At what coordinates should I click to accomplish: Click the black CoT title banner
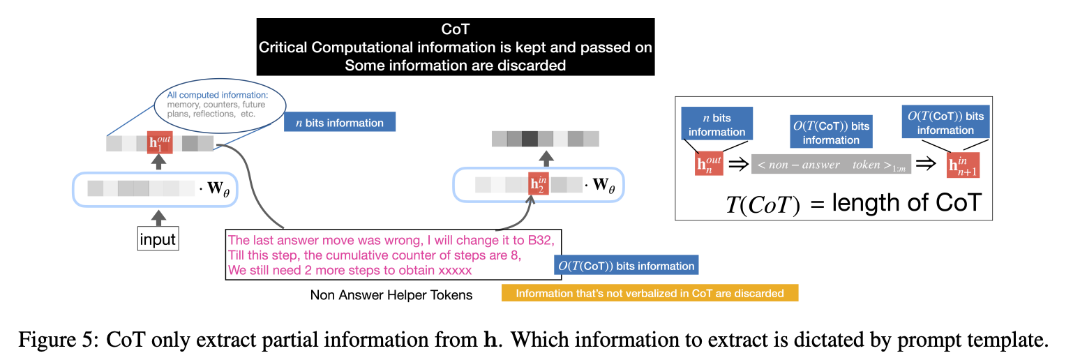coord(456,47)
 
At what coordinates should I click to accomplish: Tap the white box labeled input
coord(158,240)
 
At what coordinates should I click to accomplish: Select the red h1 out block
coord(160,143)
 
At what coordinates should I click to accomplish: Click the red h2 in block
coord(538,184)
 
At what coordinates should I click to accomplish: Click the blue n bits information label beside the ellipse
coord(339,123)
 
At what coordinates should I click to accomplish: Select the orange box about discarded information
coord(650,293)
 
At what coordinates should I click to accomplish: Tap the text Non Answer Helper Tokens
coord(391,295)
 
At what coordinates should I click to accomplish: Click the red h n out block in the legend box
coord(709,165)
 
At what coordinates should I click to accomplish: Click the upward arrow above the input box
coord(159,218)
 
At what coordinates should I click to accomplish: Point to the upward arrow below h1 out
coord(160,162)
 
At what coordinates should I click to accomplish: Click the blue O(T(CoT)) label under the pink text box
coord(626,266)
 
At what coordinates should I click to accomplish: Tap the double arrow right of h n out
coord(737,165)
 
